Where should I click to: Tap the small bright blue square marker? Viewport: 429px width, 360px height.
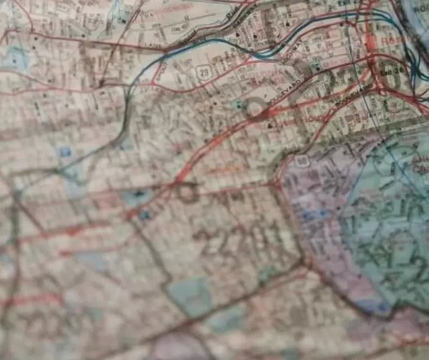[x=65, y=152]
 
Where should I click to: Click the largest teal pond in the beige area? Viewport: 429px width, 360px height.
[x=190, y=295]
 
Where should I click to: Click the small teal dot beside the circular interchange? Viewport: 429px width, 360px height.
[x=239, y=103]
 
